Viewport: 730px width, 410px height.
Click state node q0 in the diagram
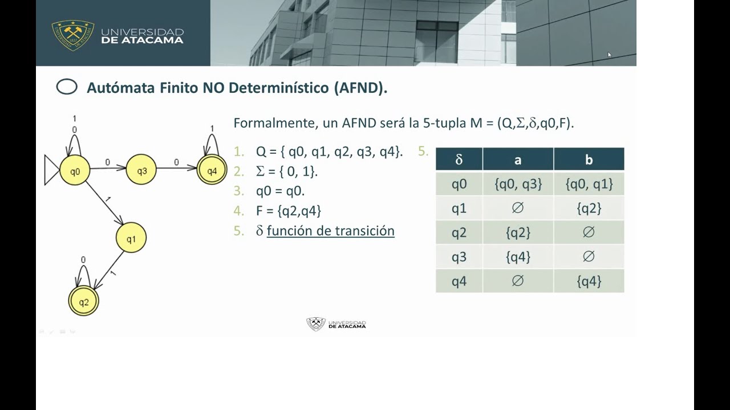pos(75,170)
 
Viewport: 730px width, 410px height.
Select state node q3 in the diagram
pos(141,170)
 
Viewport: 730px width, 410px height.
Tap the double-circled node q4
pos(212,170)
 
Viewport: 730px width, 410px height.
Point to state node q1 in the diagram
pos(131,238)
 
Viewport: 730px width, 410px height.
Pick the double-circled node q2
pos(83,302)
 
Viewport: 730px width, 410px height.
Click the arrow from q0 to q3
pos(108,168)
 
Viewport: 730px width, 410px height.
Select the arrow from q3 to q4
pos(177,168)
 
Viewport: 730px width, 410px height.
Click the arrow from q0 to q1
pos(106,206)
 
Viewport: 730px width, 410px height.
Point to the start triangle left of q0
pos(51,170)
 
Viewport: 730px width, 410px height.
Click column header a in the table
pos(518,159)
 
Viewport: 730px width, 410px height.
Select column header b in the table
pos(589,159)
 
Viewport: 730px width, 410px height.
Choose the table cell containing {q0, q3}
pos(518,184)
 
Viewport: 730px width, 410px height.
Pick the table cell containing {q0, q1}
pos(589,184)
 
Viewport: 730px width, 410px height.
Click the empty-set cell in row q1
pos(518,208)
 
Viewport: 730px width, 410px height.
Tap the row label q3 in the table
pos(459,257)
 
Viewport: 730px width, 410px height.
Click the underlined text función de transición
pos(330,231)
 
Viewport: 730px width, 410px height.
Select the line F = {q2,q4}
pos(289,211)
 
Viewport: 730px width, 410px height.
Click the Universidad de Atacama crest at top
pos(73,34)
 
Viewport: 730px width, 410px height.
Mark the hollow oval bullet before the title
pos(67,87)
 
